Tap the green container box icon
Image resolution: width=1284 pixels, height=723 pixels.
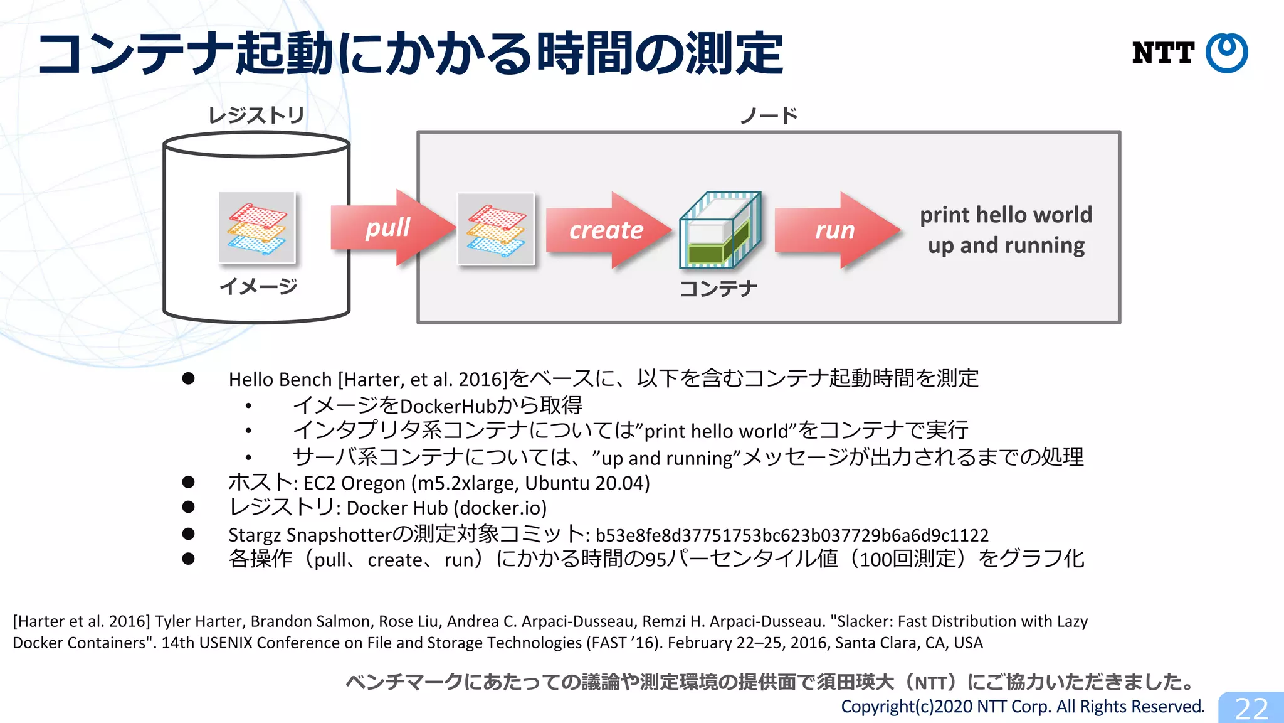click(x=720, y=230)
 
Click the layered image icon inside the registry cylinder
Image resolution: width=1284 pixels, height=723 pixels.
click(x=257, y=228)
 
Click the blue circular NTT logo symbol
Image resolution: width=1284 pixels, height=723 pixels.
click(x=1226, y=53)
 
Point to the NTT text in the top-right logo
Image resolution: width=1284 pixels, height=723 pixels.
click(x=1162, y=53)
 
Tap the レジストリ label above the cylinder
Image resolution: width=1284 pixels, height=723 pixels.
click(x=256, y=115)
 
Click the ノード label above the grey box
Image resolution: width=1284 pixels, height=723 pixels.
click(x=769, y=115)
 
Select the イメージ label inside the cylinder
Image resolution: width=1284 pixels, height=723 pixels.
click(x=258, y=286)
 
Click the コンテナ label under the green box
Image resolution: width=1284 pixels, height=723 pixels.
click(x=718, y=289)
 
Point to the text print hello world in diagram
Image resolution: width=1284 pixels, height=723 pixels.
click(x=1006, y=215)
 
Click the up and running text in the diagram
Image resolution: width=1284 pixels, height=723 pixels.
click(x=1006, y=245)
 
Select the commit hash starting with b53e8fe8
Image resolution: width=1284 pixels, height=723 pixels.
click(x=791, y=535)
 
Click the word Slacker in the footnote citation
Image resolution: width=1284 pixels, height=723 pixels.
click(x=862, y=621)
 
